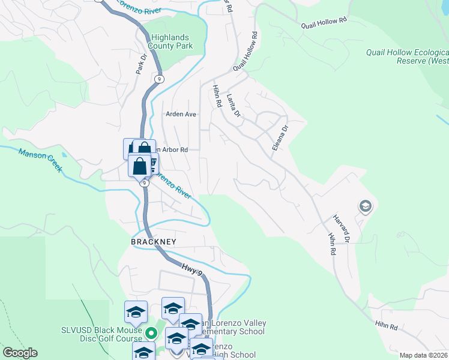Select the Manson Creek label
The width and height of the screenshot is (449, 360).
click(40, 161)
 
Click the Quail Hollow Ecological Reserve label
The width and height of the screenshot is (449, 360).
click(407, 56)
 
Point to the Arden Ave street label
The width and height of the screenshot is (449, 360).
click(181, 114)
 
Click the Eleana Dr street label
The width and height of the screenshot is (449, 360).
click(279, 137)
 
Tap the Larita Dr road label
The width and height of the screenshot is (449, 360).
click(234, 106)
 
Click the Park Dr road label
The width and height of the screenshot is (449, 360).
click(142, 64)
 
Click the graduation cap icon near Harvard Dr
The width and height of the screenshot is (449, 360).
click(364, 207)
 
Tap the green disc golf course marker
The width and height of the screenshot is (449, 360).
click(152, 333)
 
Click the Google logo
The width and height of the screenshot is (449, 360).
click(20, 353)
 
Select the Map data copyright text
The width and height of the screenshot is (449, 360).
click(424, 355)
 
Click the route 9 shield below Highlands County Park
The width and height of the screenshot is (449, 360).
click(159, 79)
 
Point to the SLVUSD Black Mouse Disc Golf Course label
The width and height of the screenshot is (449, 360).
click(102, 334)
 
